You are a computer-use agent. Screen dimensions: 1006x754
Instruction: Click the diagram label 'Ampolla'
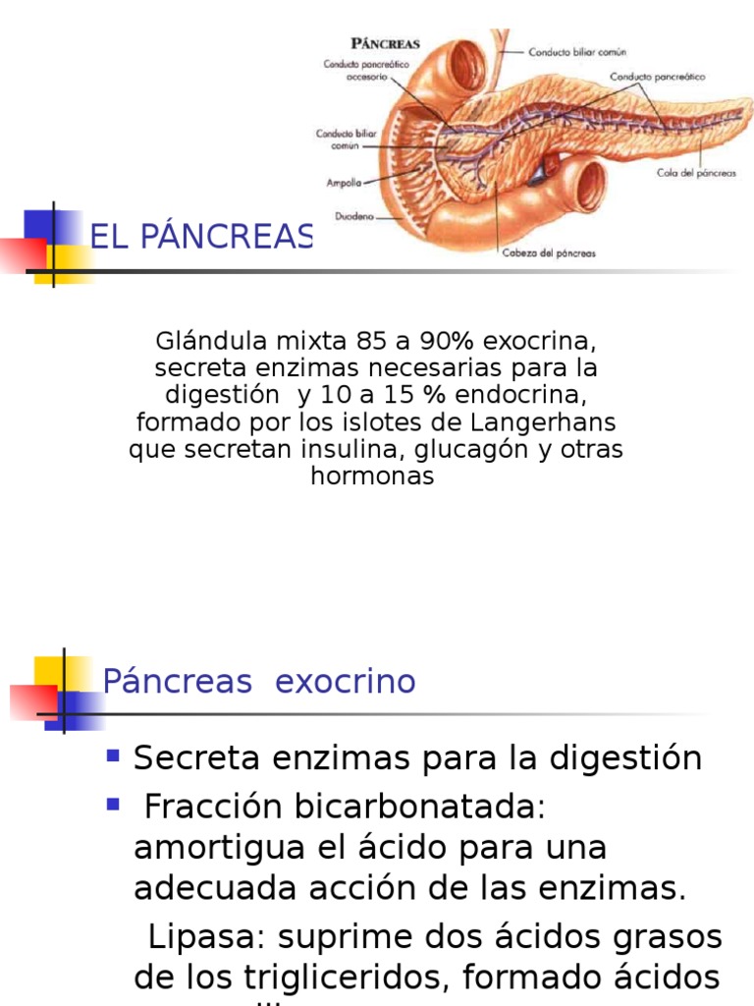(x=344, y=183)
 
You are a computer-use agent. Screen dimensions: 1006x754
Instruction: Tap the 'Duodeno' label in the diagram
(x=354, y=217)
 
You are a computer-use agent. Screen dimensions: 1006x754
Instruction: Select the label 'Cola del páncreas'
(x=696, y=174)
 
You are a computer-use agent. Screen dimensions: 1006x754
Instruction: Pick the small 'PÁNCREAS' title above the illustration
(x=386, y=43)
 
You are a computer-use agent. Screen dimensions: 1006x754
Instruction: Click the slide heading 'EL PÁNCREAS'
(x=201, y=236)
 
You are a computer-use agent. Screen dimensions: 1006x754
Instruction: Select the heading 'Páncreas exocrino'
(x=259, y=681)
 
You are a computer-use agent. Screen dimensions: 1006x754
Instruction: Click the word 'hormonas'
(x=372, y=476)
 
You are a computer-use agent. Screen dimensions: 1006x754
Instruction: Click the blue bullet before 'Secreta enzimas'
(x=114, y=756)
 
